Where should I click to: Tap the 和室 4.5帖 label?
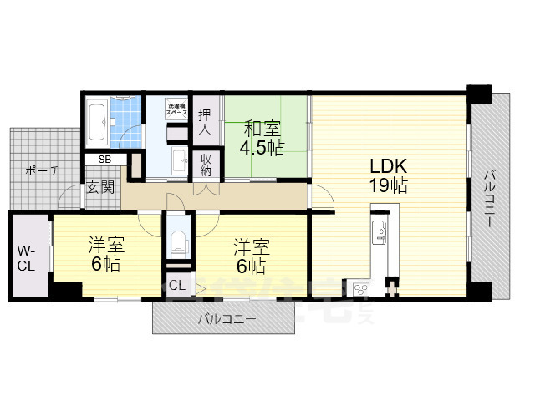(262, 139)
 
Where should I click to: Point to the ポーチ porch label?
(42, 170)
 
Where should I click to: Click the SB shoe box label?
(106, 159)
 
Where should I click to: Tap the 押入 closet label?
(205, 121)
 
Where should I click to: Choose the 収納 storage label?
(205, 164)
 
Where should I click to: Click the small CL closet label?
(177, 284)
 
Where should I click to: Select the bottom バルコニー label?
(227, 319)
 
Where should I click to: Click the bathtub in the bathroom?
(96, 122)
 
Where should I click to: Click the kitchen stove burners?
(362, 289)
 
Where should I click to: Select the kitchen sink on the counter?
(378, 229)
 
